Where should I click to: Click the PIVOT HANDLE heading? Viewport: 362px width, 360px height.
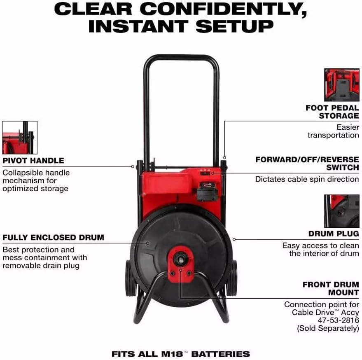pos(33,161)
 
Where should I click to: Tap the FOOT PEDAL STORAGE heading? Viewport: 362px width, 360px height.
pos(332,112)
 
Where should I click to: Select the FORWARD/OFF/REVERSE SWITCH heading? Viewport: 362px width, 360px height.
pos(307,164)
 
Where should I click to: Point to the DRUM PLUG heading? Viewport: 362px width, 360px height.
pos(334,234)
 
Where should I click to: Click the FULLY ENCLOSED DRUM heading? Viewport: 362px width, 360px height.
pos(53,237)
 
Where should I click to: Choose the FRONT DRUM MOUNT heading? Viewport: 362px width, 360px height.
pos(331,288)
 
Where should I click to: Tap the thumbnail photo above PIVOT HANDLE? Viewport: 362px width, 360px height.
pos(20,138)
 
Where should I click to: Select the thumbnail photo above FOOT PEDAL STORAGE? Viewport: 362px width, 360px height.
pos(341,85)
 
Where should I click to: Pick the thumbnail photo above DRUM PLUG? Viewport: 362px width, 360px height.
pos(341,211)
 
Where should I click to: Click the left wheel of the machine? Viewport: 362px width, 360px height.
pos(131,279)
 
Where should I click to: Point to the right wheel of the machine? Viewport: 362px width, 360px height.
pos(233,278)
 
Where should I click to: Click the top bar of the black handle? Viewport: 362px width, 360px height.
pos(181,57)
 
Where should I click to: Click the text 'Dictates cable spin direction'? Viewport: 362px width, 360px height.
pos(307,179)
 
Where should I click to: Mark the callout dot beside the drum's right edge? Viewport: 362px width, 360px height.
pos(234,239)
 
